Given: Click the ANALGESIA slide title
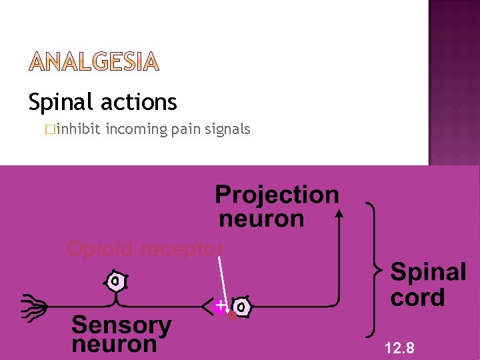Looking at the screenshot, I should click(x=94, y=63).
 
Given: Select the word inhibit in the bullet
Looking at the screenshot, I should click(x=78, y=129).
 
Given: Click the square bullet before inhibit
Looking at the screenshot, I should click(x=51, y=129).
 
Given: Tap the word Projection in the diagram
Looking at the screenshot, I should click(x=277, y=195).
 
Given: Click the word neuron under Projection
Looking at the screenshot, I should click(x=261, y=218).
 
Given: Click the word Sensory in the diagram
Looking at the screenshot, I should click(x=121, y=325).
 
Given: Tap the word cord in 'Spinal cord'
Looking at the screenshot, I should click(x=417, y=297).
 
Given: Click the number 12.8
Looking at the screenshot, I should click(x=399, y=347).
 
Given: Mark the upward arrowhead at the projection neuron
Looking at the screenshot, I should click(x=339, y=213).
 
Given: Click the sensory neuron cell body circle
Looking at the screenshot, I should click(x=116, y=281).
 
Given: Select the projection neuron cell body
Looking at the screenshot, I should click(x=241, y=307).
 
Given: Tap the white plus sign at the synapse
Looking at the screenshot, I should click(x=221, y=305).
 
